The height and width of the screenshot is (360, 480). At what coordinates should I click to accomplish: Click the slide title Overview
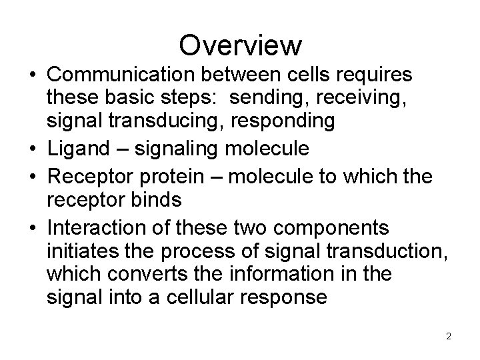(x=240, y=45)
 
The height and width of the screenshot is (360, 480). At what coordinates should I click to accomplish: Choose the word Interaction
(x=97, y=227)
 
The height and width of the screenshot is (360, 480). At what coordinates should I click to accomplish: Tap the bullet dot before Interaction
(x=32, y=227)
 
